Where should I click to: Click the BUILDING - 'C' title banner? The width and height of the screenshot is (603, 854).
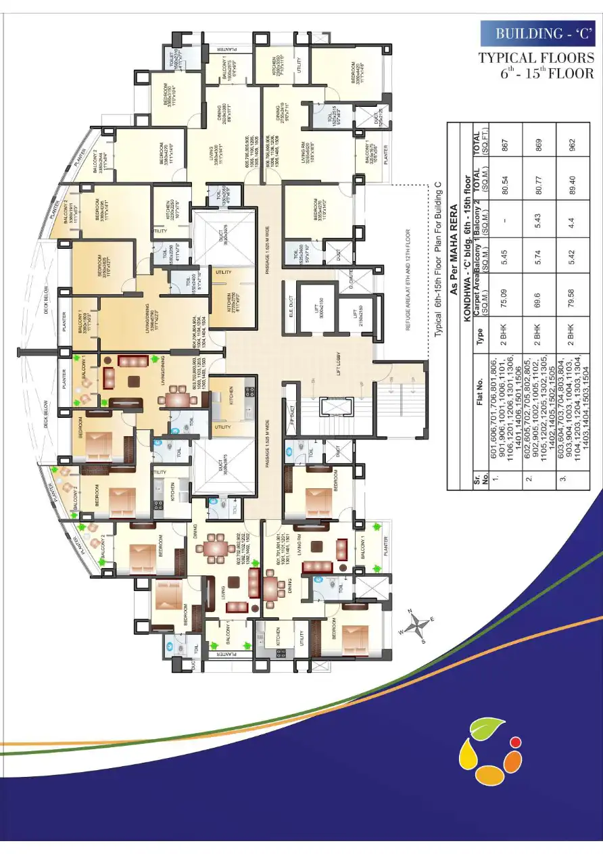(537, 34)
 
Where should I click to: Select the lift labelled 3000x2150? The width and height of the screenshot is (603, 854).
(314, 308)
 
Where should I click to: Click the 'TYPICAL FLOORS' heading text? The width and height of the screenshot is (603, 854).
(537, 58)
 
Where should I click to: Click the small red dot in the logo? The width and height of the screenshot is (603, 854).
(515, 742)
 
